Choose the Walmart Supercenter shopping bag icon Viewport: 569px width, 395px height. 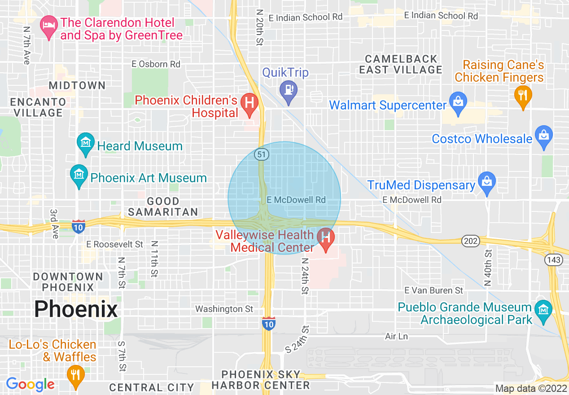[458, 103]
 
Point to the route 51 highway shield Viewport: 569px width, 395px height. [261, 154]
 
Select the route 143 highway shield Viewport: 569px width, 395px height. [551, 259]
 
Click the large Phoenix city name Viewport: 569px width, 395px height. [76, 309]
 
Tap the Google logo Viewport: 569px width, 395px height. [30, 384]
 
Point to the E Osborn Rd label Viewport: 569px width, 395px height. [156, 64]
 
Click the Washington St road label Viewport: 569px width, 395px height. [224, 309]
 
